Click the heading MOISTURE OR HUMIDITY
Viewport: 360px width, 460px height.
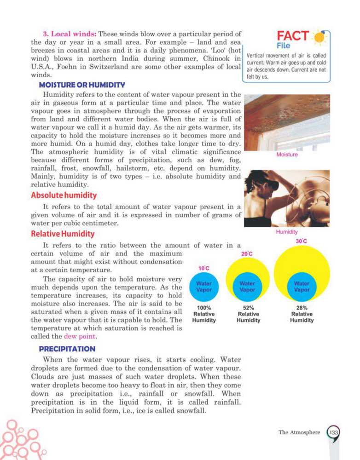pos(82,85)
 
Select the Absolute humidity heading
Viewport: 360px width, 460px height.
pos(64,195)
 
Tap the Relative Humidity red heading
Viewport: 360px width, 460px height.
pos(62,234)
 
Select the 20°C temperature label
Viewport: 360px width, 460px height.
pos(247,253)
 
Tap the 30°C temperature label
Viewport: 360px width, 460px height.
pos(302,241)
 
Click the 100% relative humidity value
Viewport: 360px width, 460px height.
pos(203,308)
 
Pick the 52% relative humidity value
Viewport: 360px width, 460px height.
pos(248,308)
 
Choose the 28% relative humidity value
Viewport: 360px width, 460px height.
pos(302,308)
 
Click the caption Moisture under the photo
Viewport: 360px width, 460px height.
pos(287,155)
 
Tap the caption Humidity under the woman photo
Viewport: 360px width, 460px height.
pos(287,232)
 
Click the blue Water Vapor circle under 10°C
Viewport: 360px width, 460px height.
pos(203,287)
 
